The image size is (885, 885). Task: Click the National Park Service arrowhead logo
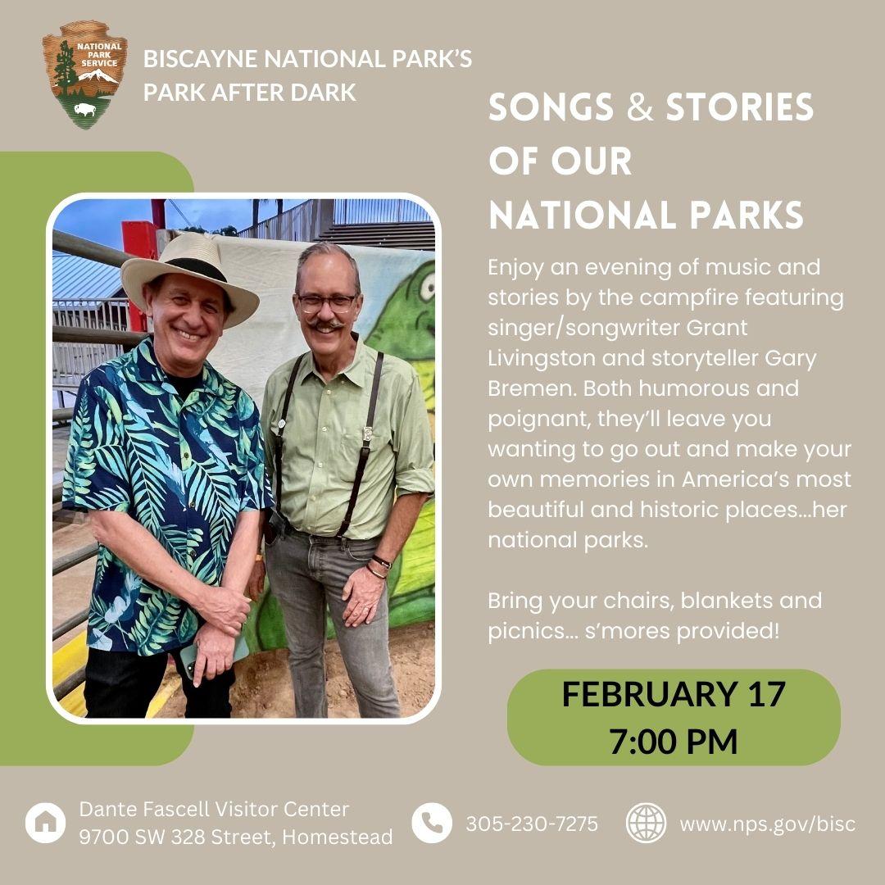click(x=84, y=75)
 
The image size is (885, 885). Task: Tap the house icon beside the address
click(x=46, y=823)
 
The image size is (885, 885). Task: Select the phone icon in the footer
click(x=432, y=823)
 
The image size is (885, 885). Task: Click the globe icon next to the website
click(x=647, y=823)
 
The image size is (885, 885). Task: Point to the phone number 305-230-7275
click(x=532, y=824)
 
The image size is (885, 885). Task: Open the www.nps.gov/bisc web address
click(x=768, y=824)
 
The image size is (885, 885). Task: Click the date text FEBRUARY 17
click(x=674, y=694)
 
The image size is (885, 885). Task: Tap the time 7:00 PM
click(x=674, y=741)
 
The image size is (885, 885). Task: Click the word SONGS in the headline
click(x=551, y=107)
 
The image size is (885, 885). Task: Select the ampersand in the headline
click(x=639, y=107)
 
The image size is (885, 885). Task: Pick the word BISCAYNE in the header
click(x=201, y=59)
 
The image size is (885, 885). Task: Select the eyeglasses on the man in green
click(x=327, y=303)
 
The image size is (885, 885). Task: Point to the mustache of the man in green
click(x=325, y=325)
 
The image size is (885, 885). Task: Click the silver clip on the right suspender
click(x=367, y=433)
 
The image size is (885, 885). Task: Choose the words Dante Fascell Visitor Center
click(x=214, y=809)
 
